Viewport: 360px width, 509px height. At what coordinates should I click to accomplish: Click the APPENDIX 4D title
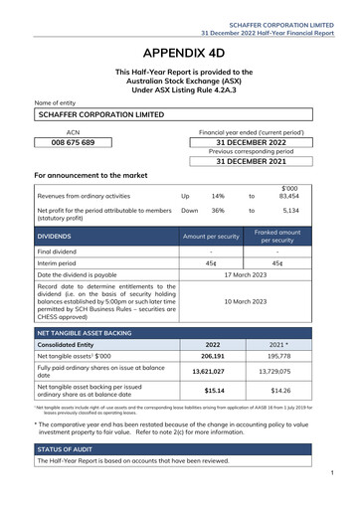180,52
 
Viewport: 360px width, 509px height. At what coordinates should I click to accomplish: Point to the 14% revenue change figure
218,196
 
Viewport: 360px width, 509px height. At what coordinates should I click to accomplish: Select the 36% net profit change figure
218,211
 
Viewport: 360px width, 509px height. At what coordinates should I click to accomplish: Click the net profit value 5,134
290,211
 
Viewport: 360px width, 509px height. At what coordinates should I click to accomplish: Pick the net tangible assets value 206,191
213,355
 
